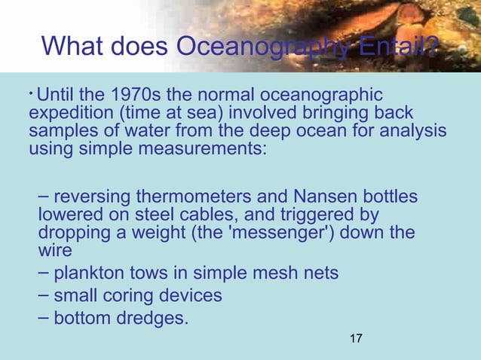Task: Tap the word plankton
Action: point(87,272)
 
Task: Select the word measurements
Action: point(203,149)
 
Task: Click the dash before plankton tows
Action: point(44,270)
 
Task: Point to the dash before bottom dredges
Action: point(44,317)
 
